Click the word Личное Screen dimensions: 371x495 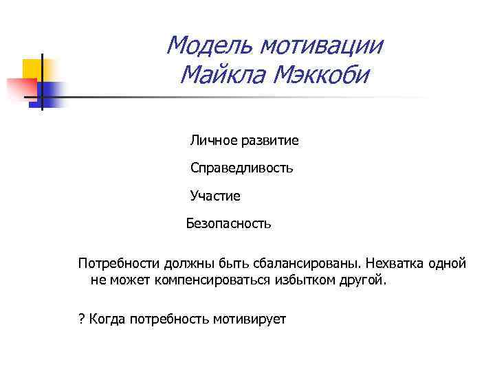(212, 141)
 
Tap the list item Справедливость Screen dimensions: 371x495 (242, 168)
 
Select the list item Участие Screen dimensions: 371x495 (215, 196)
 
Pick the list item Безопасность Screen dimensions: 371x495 (229, 223)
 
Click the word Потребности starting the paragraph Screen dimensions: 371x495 (116, 264)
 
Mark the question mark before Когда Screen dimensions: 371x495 (80, 319)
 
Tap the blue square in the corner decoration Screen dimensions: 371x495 (50, 91)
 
